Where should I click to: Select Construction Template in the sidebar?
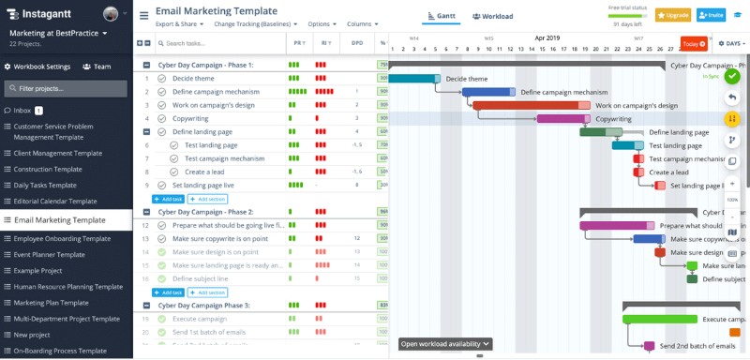[47, 169]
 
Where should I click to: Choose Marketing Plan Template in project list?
[51, 302]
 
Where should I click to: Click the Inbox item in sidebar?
[22, 111]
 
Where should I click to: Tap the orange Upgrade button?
[672, 15]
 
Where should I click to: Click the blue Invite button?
[711, 15]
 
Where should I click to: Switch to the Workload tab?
[492, 16]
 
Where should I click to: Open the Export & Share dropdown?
[179, 23]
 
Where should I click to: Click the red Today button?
[694, 43]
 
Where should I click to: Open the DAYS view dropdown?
[732, 43]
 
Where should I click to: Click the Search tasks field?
[220, 43]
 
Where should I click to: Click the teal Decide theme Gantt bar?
[413, 79]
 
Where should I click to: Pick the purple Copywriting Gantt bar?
[562, 119]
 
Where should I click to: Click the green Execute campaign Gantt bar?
[660, 319]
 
